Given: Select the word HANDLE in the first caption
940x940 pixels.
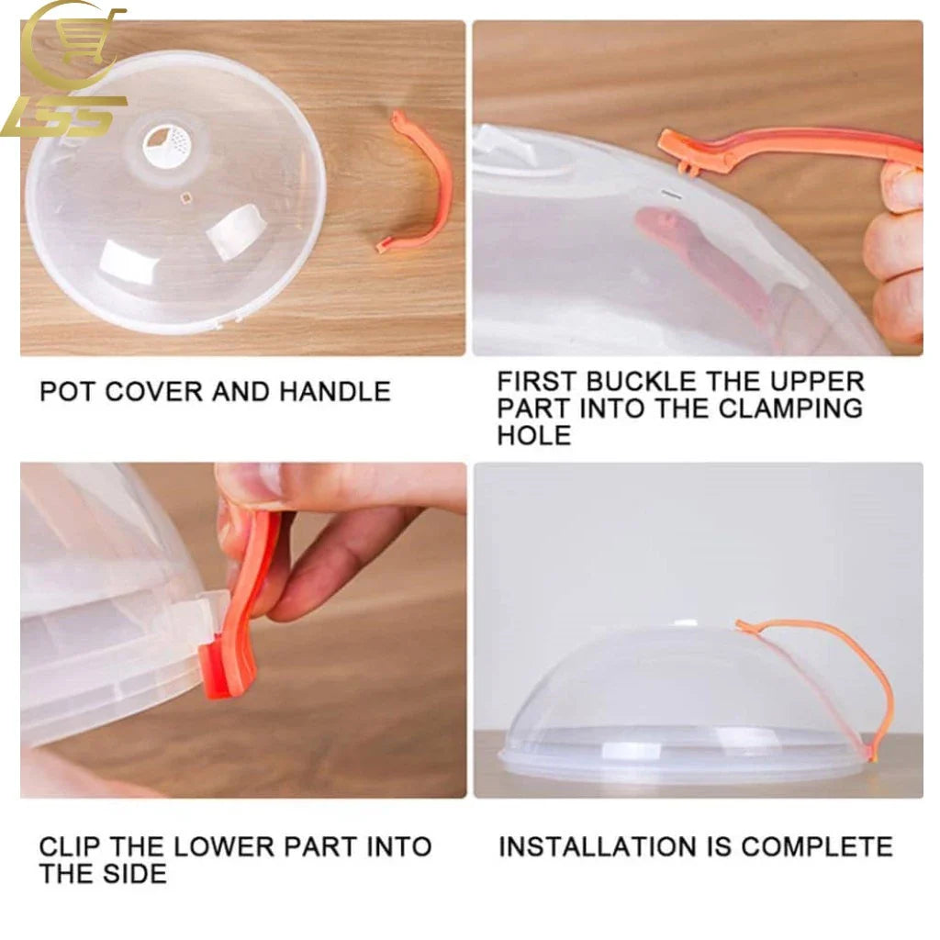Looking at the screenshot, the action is [334, 391].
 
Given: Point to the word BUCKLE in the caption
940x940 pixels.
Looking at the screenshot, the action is [640, 381].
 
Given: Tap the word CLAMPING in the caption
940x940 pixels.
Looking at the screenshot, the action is [790, 408].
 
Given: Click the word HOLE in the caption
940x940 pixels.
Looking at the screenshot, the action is [533, 434].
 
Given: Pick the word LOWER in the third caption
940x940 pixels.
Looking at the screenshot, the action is [224, 846].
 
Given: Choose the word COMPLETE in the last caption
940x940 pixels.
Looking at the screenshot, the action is [816, 846].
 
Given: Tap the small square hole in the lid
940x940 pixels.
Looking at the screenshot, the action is [186, 196].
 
